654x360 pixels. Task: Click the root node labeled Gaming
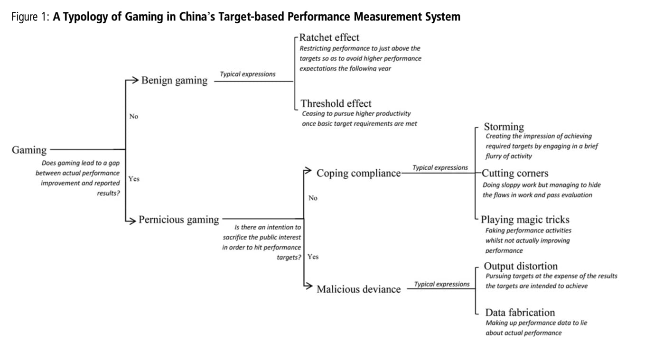[29, 150]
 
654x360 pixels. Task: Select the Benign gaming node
[174, 81]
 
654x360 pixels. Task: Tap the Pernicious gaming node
[179, 220]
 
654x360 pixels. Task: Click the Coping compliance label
[358, 174]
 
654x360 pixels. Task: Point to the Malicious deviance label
[358, 289]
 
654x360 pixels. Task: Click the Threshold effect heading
[336, 103]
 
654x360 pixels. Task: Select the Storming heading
[504, 127]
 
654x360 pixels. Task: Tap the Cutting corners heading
[515, 173]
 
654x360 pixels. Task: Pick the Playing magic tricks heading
[525, 220]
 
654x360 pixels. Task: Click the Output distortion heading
[520, 266]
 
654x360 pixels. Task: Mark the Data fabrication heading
[520, 313]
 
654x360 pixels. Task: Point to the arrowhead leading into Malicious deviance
[308, 286]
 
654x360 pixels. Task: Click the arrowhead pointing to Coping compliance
[308, 170]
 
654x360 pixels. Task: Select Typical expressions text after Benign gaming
[247, 74]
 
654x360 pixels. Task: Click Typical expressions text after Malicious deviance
[441, 284]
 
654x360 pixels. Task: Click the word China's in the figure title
[195, 17]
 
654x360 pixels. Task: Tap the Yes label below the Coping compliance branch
[313, 257]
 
